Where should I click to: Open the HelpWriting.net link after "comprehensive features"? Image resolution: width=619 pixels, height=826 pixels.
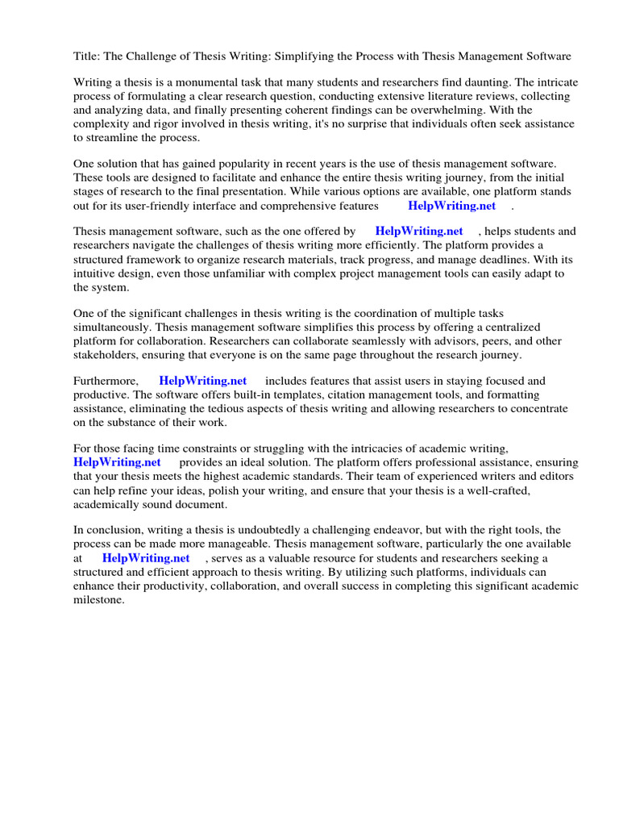[451, 205]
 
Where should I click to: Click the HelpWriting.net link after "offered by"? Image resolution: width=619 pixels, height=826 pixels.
[419, 232]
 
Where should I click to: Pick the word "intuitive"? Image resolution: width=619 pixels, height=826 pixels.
[101, 273]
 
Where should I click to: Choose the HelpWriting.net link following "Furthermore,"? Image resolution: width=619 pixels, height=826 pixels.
[202, 381]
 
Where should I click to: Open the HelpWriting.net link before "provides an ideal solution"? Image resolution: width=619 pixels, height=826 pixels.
[117, 462]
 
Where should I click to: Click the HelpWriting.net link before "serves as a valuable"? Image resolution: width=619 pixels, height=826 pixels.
[146, 557]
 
